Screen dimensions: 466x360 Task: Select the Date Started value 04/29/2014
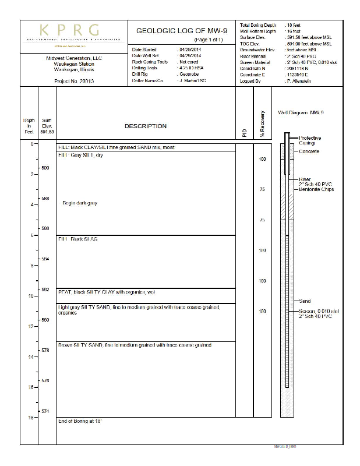pyautogui.click(x=190, y=50)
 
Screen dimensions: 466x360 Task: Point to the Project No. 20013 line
pyautogui.click(x=74, y=81)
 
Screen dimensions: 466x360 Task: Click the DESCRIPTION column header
pyautogui.click(x=146, y=126)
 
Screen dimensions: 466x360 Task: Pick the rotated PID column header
pyautogui.click(x=244, y=133)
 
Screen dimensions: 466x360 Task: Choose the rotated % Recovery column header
pyautogui.click(x=262, y=123)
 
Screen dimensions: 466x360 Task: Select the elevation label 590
pyautogui.click(x=45, y=168)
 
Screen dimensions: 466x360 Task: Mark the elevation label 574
pyautogui.click(x=45, y=412)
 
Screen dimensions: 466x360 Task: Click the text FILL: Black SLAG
pyautogui.click(x=78, y=239)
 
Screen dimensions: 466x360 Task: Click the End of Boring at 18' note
pyautogui.click(x=80, y=421)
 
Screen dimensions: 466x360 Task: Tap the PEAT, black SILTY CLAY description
pyautogui.click(x=106, y=292)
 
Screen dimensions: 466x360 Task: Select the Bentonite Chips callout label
pyautogui.click(x=316, y=189)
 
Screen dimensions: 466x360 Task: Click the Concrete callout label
pyautogui.click(x=309, y=151)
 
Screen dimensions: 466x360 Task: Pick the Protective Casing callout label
pyautogui.click(x=310, y=140)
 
